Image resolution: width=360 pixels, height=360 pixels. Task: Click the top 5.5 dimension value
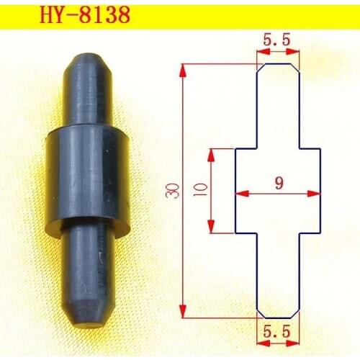coord(277,42)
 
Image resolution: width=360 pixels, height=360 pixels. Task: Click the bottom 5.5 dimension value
coord(277,333)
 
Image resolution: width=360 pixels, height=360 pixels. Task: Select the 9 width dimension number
coord(278,183)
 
